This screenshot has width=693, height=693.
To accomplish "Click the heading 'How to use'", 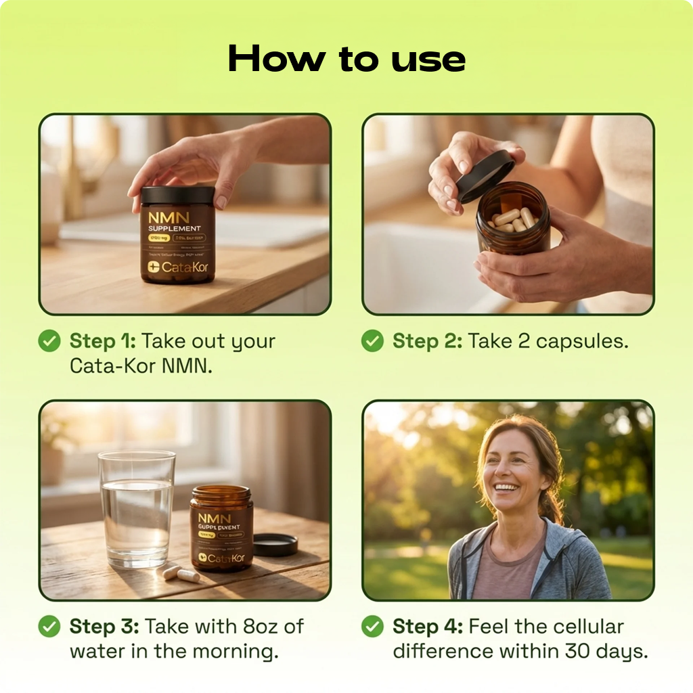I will coord(346,59).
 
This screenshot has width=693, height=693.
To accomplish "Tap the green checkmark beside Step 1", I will coord(49,341).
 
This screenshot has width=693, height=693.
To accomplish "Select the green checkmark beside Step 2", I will coord(372,341).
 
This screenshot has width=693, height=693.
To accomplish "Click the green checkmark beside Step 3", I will coord(49,627).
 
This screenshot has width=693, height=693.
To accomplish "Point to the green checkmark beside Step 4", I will coord(372,627).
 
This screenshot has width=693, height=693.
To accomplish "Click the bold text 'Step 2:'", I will coord(428,341).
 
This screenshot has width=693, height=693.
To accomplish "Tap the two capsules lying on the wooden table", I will coord(181,574).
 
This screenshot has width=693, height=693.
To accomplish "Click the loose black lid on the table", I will coord(275,544).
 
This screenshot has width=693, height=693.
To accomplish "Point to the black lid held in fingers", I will coord(485,175).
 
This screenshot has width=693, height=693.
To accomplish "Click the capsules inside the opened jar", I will coord(514,219).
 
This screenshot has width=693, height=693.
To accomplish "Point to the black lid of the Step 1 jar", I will coord(178,196).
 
